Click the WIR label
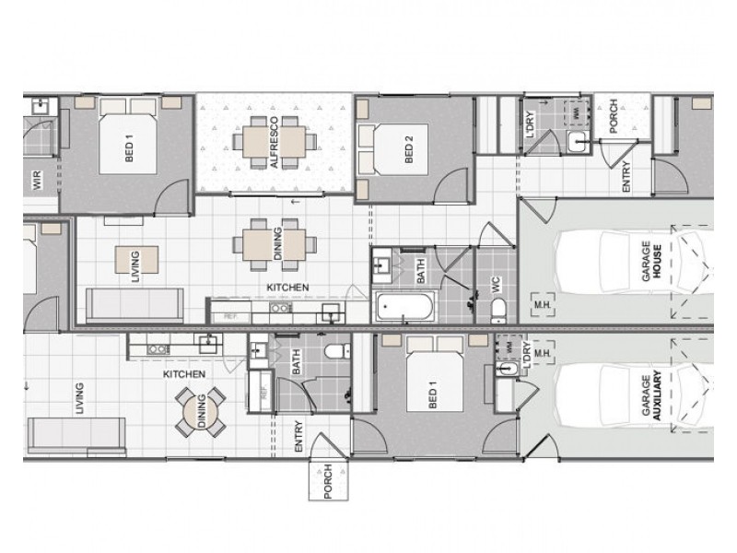[x=37, y=180]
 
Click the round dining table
[x=201, y=413]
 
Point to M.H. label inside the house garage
[x=541, y=301]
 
